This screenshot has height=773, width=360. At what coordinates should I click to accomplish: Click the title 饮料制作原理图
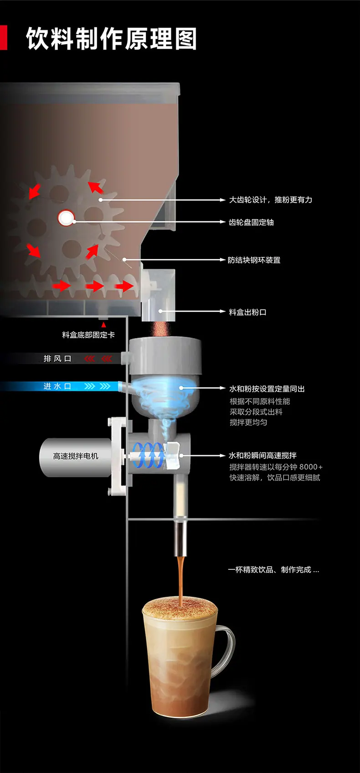pyautogui.click(x=112, y=39)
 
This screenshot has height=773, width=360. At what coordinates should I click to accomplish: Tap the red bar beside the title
pyautogui.click(x=4, y=37)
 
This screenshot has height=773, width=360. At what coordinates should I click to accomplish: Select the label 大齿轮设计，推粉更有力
pyautogui.click(x=271, y=200)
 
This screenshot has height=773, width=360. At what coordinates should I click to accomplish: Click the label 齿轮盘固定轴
pyautogui.click(x=251, y=222)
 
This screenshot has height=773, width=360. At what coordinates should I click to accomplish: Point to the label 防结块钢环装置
pyautogui.click(x=254, y=260)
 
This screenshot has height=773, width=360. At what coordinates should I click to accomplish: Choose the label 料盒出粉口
pyautogui.click(x=247, y=312)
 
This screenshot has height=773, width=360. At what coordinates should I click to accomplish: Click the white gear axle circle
pyautogui.click(x=66, y=218)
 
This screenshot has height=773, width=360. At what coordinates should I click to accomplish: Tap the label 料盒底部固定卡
pyautogui.click(x=88, y=335)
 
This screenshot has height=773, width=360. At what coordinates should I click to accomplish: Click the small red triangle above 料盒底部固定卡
pyautogui.click(x=103, y=325)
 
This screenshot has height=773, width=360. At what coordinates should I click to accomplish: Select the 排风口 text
pyautogui.click(x=57, y=358)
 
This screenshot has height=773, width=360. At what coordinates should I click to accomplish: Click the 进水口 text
pyautogui.click(x=57, y=386)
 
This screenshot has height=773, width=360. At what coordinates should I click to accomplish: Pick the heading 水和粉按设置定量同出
pyautogui.click(x=267, y=389)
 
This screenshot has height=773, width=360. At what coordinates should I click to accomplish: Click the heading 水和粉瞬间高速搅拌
pyautogui.click(x=262, y=456)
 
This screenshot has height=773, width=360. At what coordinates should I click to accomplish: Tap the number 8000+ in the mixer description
pyautogui.click(x=311, y=467)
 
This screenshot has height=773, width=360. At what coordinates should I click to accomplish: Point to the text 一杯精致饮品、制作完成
pyautogui.click(x=270, y=569)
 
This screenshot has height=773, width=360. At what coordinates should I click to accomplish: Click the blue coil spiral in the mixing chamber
pyautogui.click(x=149, y=456)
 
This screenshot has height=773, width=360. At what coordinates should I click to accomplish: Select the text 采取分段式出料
pyautogui.click(x=256, y=412)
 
